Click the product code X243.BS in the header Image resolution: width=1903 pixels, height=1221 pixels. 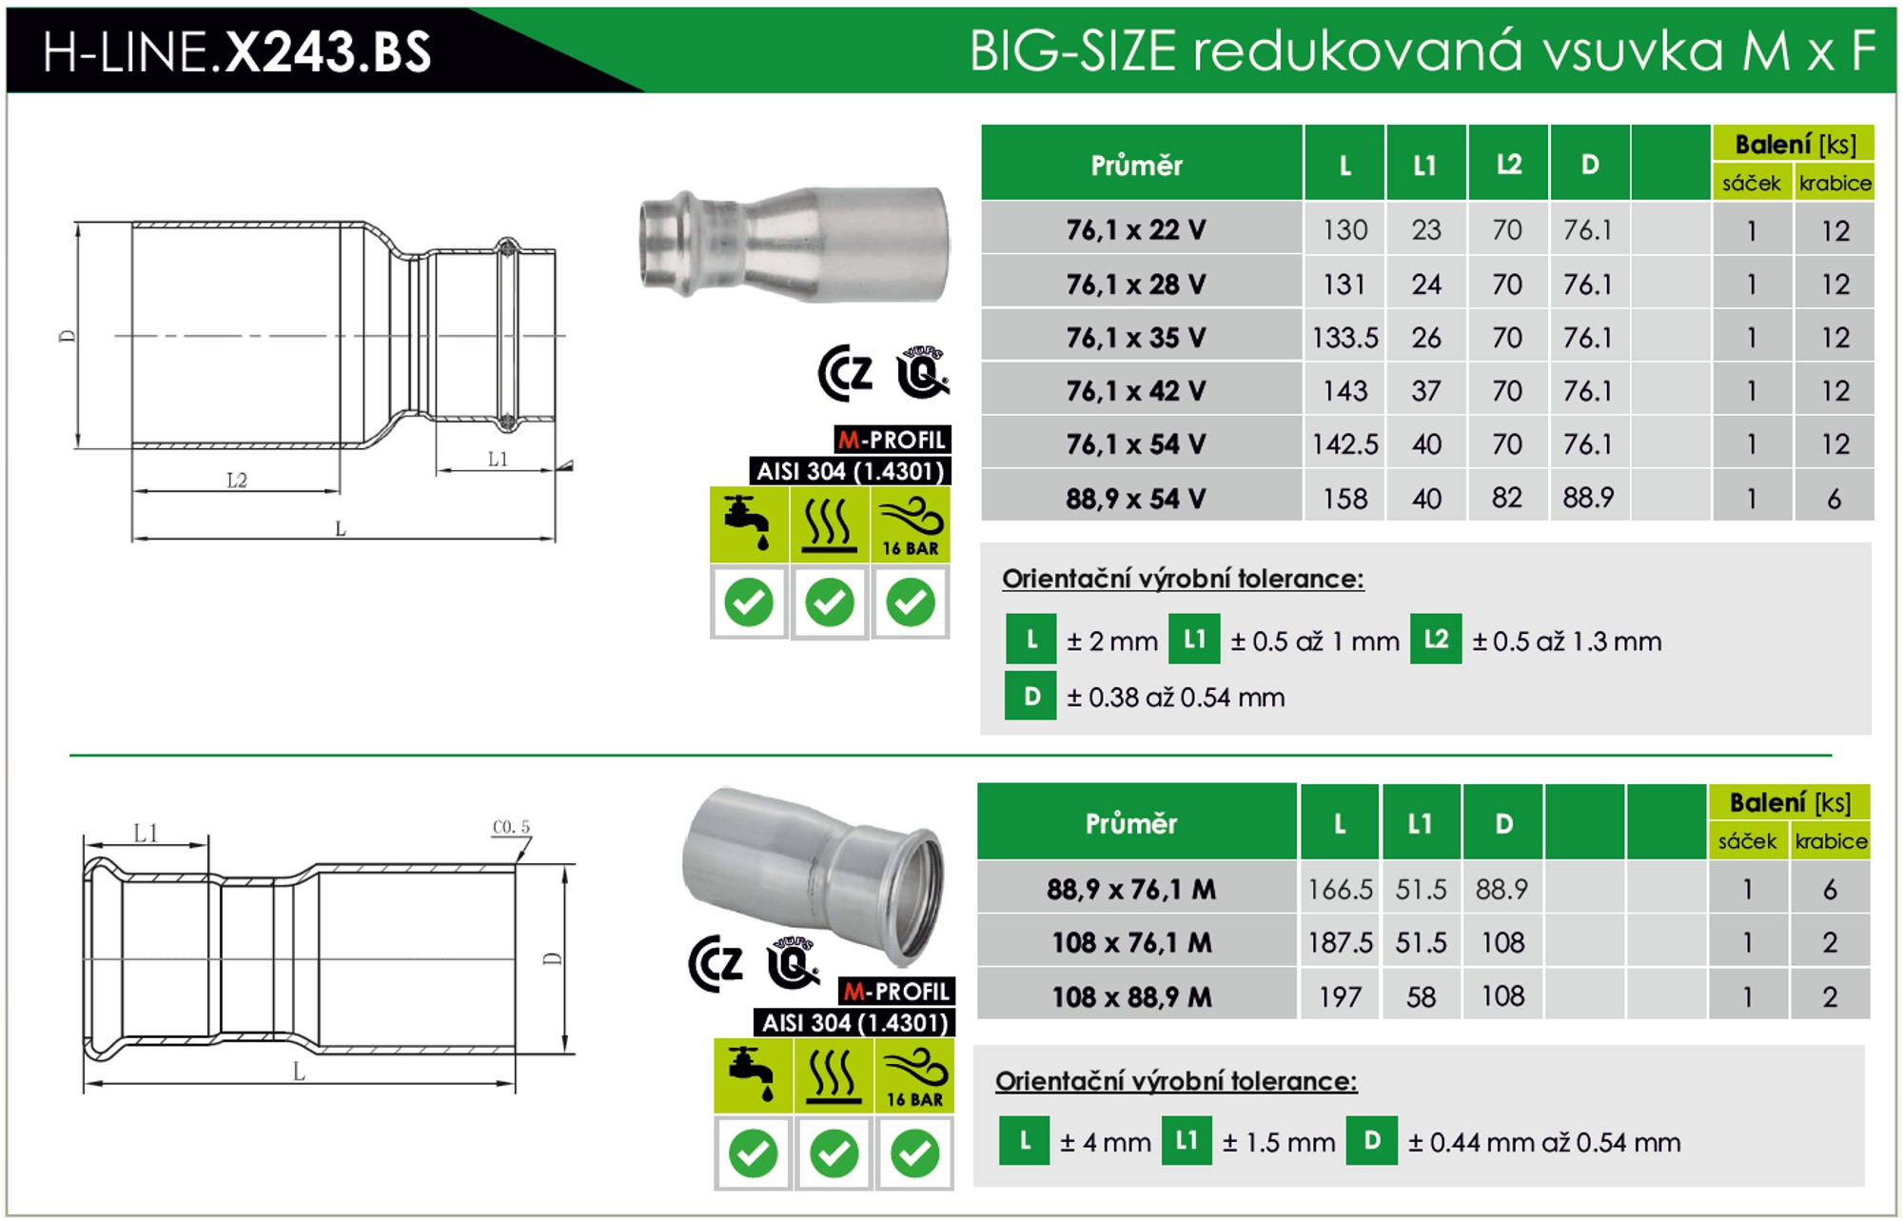coord(327,51)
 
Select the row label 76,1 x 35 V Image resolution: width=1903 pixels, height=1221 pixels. coord(1136,338)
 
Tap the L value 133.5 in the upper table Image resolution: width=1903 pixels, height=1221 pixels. coord(1344,338)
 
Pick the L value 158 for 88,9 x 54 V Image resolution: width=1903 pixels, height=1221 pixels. coord(1344,498)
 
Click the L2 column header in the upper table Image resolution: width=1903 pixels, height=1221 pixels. coord(1508,165)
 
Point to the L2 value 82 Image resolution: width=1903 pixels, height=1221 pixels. coord(1507,498)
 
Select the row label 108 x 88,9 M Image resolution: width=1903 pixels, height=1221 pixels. coord(1131,996)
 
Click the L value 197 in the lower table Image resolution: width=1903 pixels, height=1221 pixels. coord(1340,996)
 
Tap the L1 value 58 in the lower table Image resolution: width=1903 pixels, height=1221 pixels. coord(1421,996)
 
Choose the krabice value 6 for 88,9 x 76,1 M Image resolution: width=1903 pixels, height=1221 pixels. coord(1830,889)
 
